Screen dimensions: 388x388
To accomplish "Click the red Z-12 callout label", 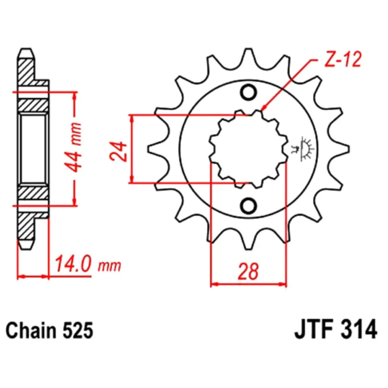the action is tap(343, 60).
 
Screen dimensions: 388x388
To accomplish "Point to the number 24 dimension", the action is tap(118, 151).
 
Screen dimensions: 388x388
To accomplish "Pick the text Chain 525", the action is tap(49, 330).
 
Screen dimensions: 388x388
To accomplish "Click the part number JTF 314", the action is tap(336, 329).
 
